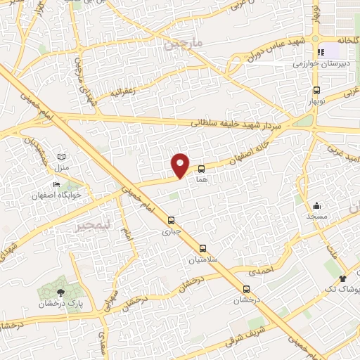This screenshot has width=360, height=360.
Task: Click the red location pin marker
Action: pos(181,165)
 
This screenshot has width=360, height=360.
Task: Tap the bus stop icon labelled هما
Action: pos(202,169)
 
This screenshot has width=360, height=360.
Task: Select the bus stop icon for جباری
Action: pos(172,219)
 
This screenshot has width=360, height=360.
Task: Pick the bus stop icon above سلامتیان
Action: pos(203,248)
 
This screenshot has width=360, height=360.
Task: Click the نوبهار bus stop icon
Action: pos(317,90)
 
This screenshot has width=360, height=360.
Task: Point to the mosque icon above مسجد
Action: pos(317,206)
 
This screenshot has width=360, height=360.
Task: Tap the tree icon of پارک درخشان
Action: pos(61,291)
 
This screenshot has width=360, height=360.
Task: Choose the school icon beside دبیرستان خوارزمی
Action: pos(323,52)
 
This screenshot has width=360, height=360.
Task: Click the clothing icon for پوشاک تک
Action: pos(342,278)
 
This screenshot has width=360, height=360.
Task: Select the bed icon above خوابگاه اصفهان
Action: pos(57,184)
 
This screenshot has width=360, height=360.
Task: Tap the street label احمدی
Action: pos(261,269)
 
